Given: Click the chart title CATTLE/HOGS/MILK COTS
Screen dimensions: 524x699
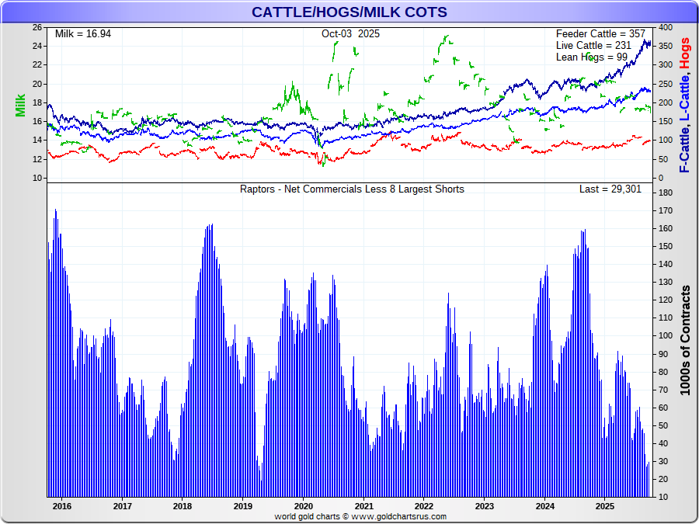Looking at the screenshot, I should point(349,12).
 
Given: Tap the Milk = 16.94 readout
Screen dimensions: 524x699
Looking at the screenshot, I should point(83,34).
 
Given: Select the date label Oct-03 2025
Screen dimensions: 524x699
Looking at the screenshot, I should point(350,34).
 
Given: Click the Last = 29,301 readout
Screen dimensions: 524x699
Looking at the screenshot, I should point(610,189).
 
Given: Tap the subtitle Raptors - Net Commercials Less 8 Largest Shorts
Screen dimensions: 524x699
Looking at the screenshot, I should point(352,189).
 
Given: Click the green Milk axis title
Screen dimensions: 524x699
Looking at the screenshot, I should point(20,106).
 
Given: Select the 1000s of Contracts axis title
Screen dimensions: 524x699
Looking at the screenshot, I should point(685,340).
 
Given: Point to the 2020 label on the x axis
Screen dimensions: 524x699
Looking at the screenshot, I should point(303,506).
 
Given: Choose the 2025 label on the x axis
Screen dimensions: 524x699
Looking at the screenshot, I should point(605,506).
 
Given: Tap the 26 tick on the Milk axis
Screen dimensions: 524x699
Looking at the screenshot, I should point(37,27).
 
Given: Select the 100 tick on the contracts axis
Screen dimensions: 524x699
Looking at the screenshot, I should point(666,335).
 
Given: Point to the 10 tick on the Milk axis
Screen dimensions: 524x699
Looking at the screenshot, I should point(37,179).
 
